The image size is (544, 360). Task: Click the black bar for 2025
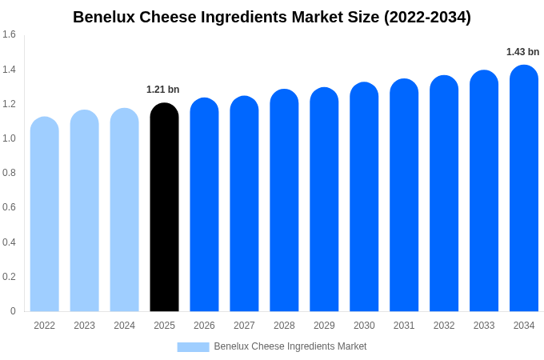(164, 208)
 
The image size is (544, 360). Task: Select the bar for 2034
(524, 189)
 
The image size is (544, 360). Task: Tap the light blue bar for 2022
(44, 214)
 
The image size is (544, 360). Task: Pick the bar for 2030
(364, 198)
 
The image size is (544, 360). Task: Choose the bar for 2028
(284, 201)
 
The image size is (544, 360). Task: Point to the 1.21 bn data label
(163, 90)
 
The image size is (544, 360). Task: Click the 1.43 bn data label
(522, 52)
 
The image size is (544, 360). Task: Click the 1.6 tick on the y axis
(9, 34)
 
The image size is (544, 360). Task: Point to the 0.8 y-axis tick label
(9, 173)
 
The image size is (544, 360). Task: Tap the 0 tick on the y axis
(13, 311)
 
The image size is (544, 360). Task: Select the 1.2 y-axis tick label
(9, 104)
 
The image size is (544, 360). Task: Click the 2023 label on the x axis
(84, 326)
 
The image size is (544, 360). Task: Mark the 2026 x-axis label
(204, 326)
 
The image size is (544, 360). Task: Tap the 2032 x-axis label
(444, 326)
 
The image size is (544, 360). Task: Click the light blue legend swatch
(193, 346)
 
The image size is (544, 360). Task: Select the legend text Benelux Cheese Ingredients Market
(290, 346)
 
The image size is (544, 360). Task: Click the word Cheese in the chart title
(160, 17)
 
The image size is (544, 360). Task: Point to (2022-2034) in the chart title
(427, 17)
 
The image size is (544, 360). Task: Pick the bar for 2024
(124, 210)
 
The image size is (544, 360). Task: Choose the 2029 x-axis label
(324, 326)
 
